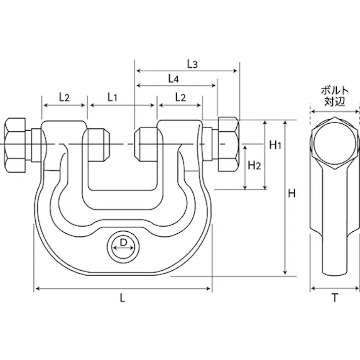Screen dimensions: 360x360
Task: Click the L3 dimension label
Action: click(x=192, y=64)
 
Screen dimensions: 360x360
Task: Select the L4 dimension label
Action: click(x=173, y=79)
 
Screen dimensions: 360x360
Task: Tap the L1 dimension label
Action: click(x=112, y=96)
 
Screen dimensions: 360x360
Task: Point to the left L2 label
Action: click(x=64, y=96)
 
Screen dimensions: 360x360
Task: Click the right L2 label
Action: click(x=179, y=96)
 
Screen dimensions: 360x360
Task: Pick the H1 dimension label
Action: click(x=275, y=146)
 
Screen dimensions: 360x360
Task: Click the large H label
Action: click(x=292, y=193)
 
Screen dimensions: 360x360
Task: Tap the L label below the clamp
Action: click(x=123, y=298)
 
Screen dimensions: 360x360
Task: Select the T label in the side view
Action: click(x=335, y=298)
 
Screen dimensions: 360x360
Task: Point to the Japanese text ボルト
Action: click(x=334, y=91)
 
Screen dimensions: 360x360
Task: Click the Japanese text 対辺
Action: click(x=334, y=101)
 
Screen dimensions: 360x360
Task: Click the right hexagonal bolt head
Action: click(x=228, y=146)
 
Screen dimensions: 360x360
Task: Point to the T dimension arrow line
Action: click(x=335, y=289)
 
